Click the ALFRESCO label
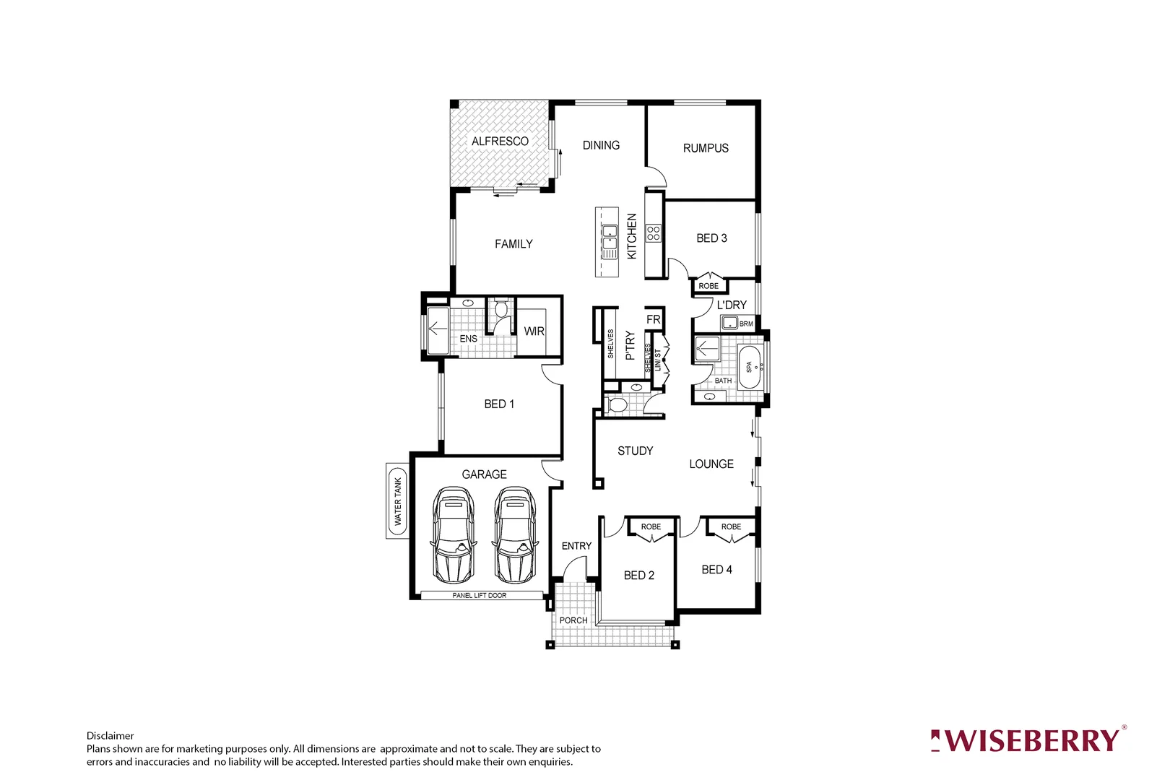coord(500,141)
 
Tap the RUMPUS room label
coord(706,148)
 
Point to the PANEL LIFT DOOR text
coord(480,596)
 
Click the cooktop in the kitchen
coord(654,233)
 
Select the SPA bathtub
coord(750,367)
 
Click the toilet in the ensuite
coord(501,310)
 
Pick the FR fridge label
coord(654,319)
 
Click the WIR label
coord(534,331)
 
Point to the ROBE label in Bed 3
coord(708,286)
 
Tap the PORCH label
coord(573,620)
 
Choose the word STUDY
coord(636,451)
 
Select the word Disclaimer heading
coord(110,736)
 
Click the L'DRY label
coord(732,305)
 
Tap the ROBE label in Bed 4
coord(731,526)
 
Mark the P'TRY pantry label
coord(630,345)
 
